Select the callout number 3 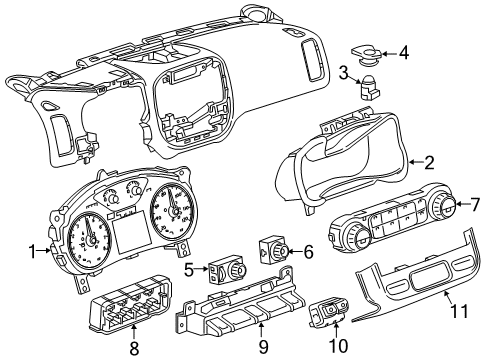pos(342,70)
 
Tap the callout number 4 pos(403,52)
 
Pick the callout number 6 pos(308,254)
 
